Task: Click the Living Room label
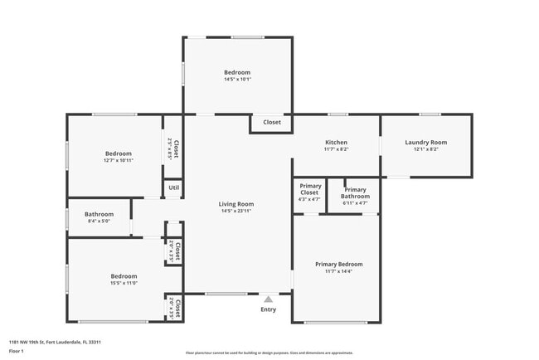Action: pyautogui.click(x=236, y=203)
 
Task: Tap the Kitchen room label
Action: pyautogui.click(x=336, y=142)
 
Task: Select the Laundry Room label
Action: pyautogui.click(x=425, y=142)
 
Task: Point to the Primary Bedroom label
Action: pyautogui.click(x=338, y=264)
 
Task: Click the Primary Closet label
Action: pyautogui.click(x=310, y=188)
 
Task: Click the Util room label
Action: pyautogui.click(x=173, y=187)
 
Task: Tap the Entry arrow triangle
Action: pyautogui.click(x=268, y=299)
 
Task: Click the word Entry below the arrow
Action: pyautogui.click(x=268, y=309)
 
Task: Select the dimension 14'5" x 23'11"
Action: pyautogui.click(x=236, y=212)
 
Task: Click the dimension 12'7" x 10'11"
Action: pyautogui.click(x=118, y=161)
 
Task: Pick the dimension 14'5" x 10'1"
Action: pyautogui.click(x=236, y=80)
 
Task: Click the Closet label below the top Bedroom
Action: pyautogui.click(x=272, y=122)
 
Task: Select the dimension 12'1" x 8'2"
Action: pyautogui.click(x=425, y=149)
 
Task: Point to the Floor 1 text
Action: pyautogui.click(x=17, y=351)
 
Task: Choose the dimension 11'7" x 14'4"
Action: pyautogui.click(x=338, y=271)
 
